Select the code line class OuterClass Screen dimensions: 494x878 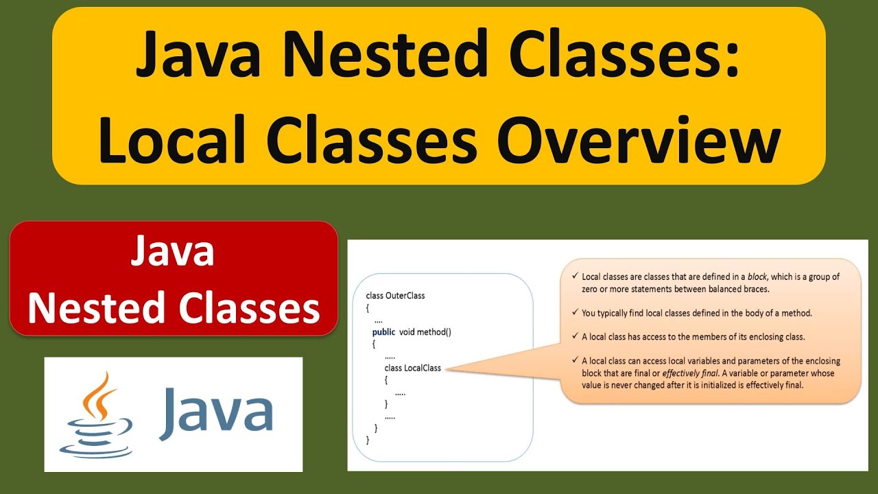pos(396,296)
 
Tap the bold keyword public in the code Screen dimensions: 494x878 pos(383,332)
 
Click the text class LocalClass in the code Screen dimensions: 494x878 pos(412,368)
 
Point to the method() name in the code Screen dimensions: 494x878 pos(434,332)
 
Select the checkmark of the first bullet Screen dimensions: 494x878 pos(574,277)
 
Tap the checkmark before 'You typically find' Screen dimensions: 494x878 pos(574,313)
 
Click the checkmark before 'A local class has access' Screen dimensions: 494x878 pos(574,337)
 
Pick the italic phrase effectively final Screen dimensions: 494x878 pos(689,373)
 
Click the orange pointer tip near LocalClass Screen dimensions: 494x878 pos(447,369)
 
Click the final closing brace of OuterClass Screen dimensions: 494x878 pos(368,440)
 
